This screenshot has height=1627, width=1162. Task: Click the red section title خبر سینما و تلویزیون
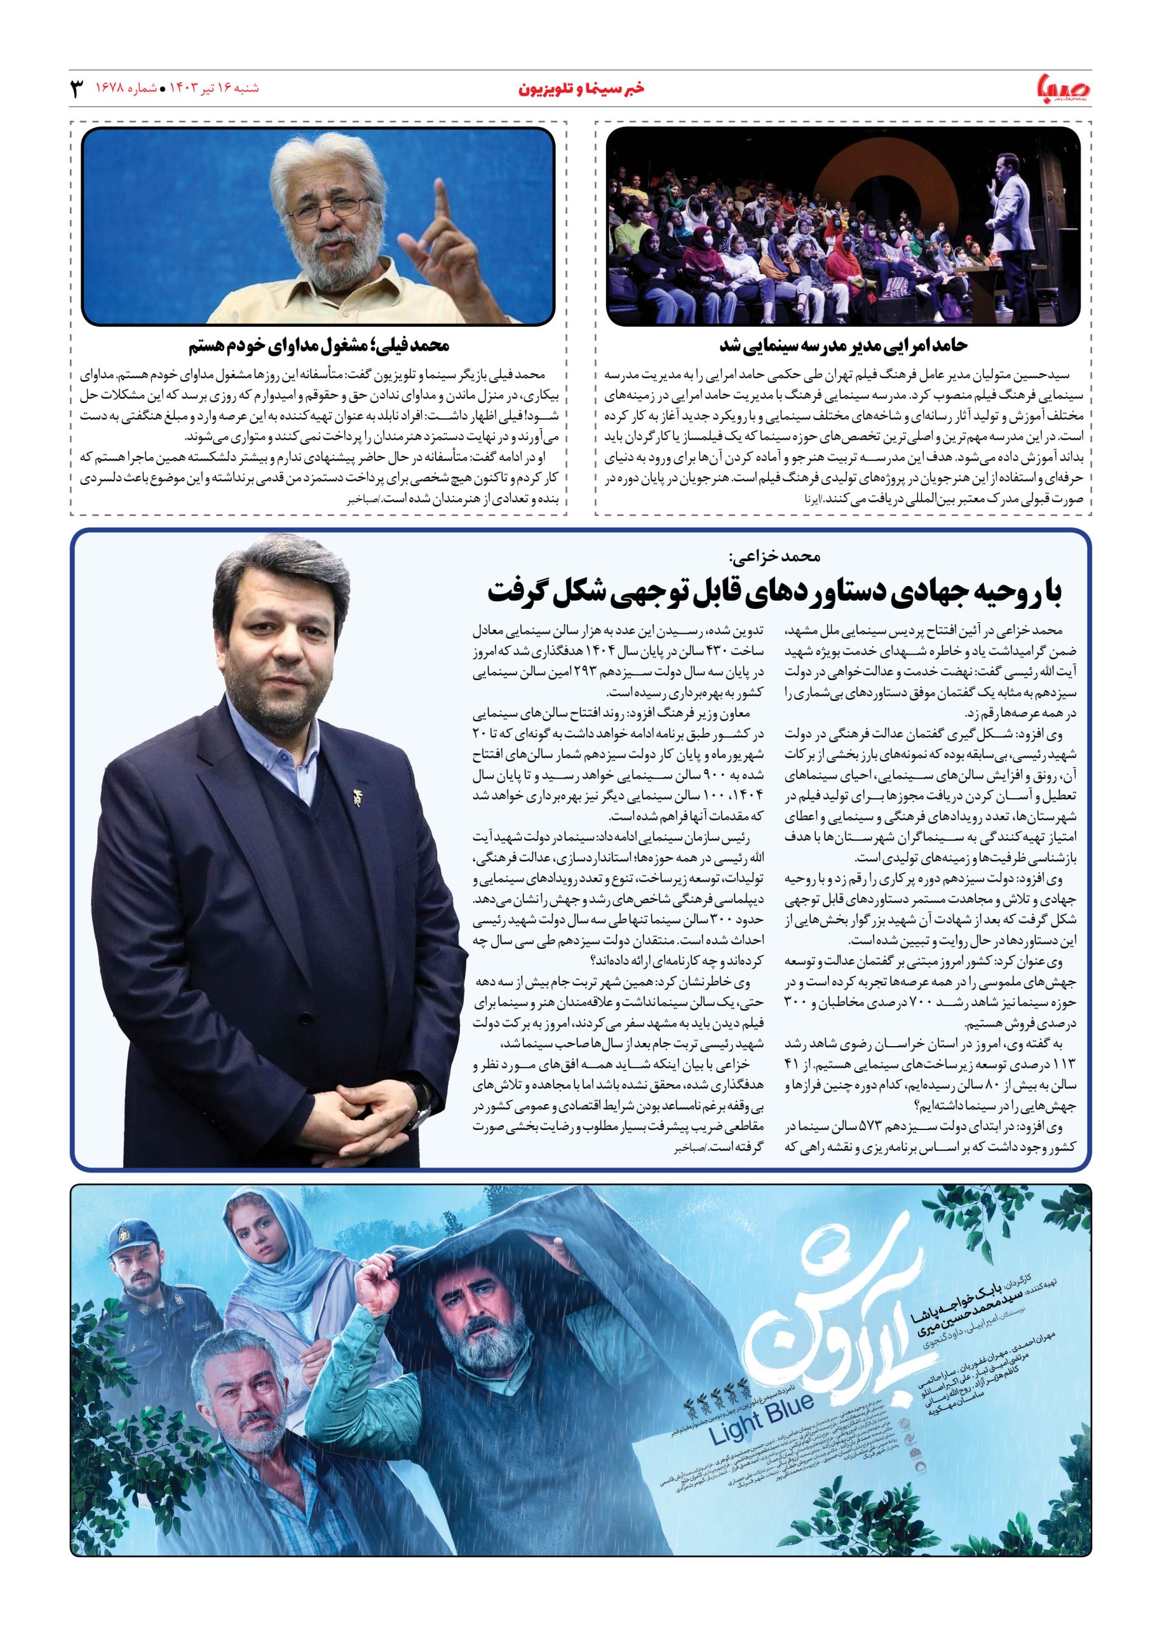coord(580,90)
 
